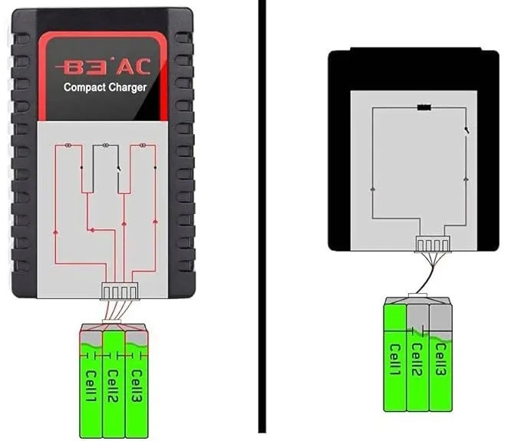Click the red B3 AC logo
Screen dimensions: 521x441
(103, 67)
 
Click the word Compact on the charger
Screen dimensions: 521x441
(84, 87)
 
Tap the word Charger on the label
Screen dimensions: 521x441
(127, 87)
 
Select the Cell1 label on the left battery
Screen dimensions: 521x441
(91, 386)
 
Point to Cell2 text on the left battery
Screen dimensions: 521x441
(114, 386)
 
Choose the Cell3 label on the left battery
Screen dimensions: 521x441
(137, 386)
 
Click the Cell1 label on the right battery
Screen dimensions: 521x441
(395, 360)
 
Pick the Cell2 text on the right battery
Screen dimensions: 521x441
(417, 360)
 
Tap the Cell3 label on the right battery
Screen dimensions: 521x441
(440, 360)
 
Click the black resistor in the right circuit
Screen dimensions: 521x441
(424, 107)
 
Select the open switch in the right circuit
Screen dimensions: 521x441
(467, 130)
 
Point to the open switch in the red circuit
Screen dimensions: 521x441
(119, 169)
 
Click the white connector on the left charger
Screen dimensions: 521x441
(120, 291)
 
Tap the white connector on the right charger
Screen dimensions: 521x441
(433, 244)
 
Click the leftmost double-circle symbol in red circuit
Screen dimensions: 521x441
(68, 145)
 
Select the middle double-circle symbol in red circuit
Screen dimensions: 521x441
(105, 145)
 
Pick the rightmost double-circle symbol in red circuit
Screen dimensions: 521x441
(143, 145)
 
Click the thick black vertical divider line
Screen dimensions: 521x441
(262, 216)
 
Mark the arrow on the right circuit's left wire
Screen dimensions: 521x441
(372, 189)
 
